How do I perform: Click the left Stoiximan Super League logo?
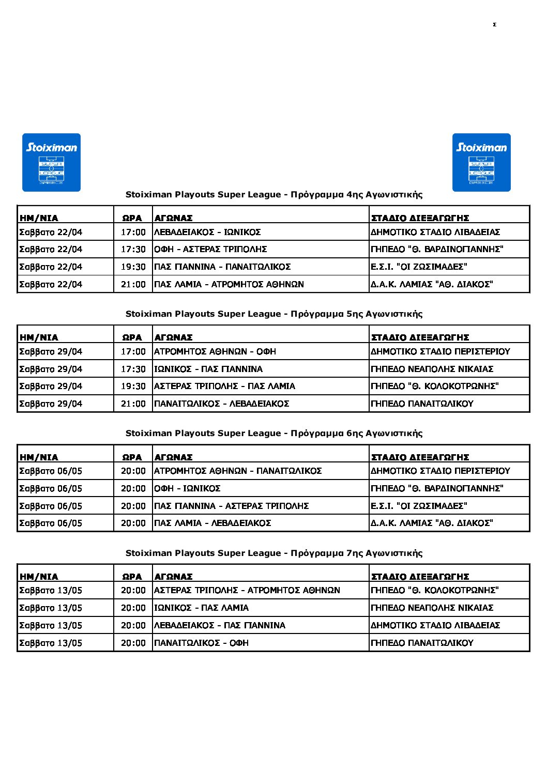(51, 162)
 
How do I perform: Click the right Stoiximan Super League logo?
(481, 162)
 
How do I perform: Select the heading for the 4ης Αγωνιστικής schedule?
(274, 195)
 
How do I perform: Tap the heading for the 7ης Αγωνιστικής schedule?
(274, 553)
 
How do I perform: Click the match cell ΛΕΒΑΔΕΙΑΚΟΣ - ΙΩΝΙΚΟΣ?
(207, 232)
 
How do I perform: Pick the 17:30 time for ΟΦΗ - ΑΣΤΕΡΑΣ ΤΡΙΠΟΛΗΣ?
(133, 249)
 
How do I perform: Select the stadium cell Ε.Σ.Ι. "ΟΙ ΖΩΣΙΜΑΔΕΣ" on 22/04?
(419, 267)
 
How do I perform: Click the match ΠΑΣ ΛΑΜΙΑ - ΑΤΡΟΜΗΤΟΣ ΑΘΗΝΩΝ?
(229, 284)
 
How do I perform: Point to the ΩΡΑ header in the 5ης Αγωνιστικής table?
(132, 337)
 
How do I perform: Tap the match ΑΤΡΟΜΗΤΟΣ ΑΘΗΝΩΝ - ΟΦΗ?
(215, 351)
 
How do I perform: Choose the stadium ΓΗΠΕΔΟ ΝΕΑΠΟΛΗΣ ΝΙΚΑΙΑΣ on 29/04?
(432, 369)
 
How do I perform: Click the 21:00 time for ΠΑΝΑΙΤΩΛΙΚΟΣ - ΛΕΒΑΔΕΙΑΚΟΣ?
(133, 404)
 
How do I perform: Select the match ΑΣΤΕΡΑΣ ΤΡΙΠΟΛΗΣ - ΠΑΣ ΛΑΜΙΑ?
(224, 386)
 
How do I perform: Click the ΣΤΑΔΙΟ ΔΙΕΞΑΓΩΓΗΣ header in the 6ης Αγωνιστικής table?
(420, 457)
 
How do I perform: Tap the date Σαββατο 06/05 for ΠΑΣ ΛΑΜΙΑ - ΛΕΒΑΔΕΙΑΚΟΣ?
(51, 523)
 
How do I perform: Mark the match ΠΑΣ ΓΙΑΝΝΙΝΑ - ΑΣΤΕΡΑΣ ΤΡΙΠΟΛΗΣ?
(231, 506)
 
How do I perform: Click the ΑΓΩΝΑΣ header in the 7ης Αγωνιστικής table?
(173, 577)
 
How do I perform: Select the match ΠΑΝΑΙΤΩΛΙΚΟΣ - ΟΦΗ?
(201, 643)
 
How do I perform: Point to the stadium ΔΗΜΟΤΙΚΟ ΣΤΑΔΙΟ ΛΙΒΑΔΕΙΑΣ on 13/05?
(435, 625)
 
